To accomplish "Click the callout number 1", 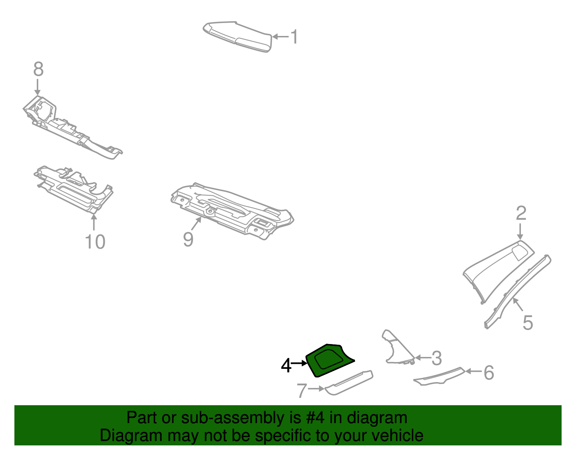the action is point(294,37).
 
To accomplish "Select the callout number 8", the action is point(39,69).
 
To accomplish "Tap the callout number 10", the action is point(95,242).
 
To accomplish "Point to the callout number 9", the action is point(188,239).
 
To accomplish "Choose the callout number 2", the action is point(521,213).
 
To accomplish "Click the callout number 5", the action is point(527,323).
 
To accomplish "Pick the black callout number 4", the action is point(286,366).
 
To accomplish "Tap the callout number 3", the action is point(437,358).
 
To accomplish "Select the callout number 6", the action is point(489,373).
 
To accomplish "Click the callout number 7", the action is point(302,390).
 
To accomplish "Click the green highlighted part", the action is point(329,360).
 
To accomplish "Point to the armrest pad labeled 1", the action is point(238,37).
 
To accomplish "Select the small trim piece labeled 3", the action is point(397,348).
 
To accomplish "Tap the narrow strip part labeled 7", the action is point(349,382).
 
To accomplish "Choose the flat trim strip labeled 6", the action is point(440,376).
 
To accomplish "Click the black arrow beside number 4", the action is point(299,363).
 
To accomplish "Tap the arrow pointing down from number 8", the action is point(38,87).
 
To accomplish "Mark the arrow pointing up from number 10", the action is point(94,222).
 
